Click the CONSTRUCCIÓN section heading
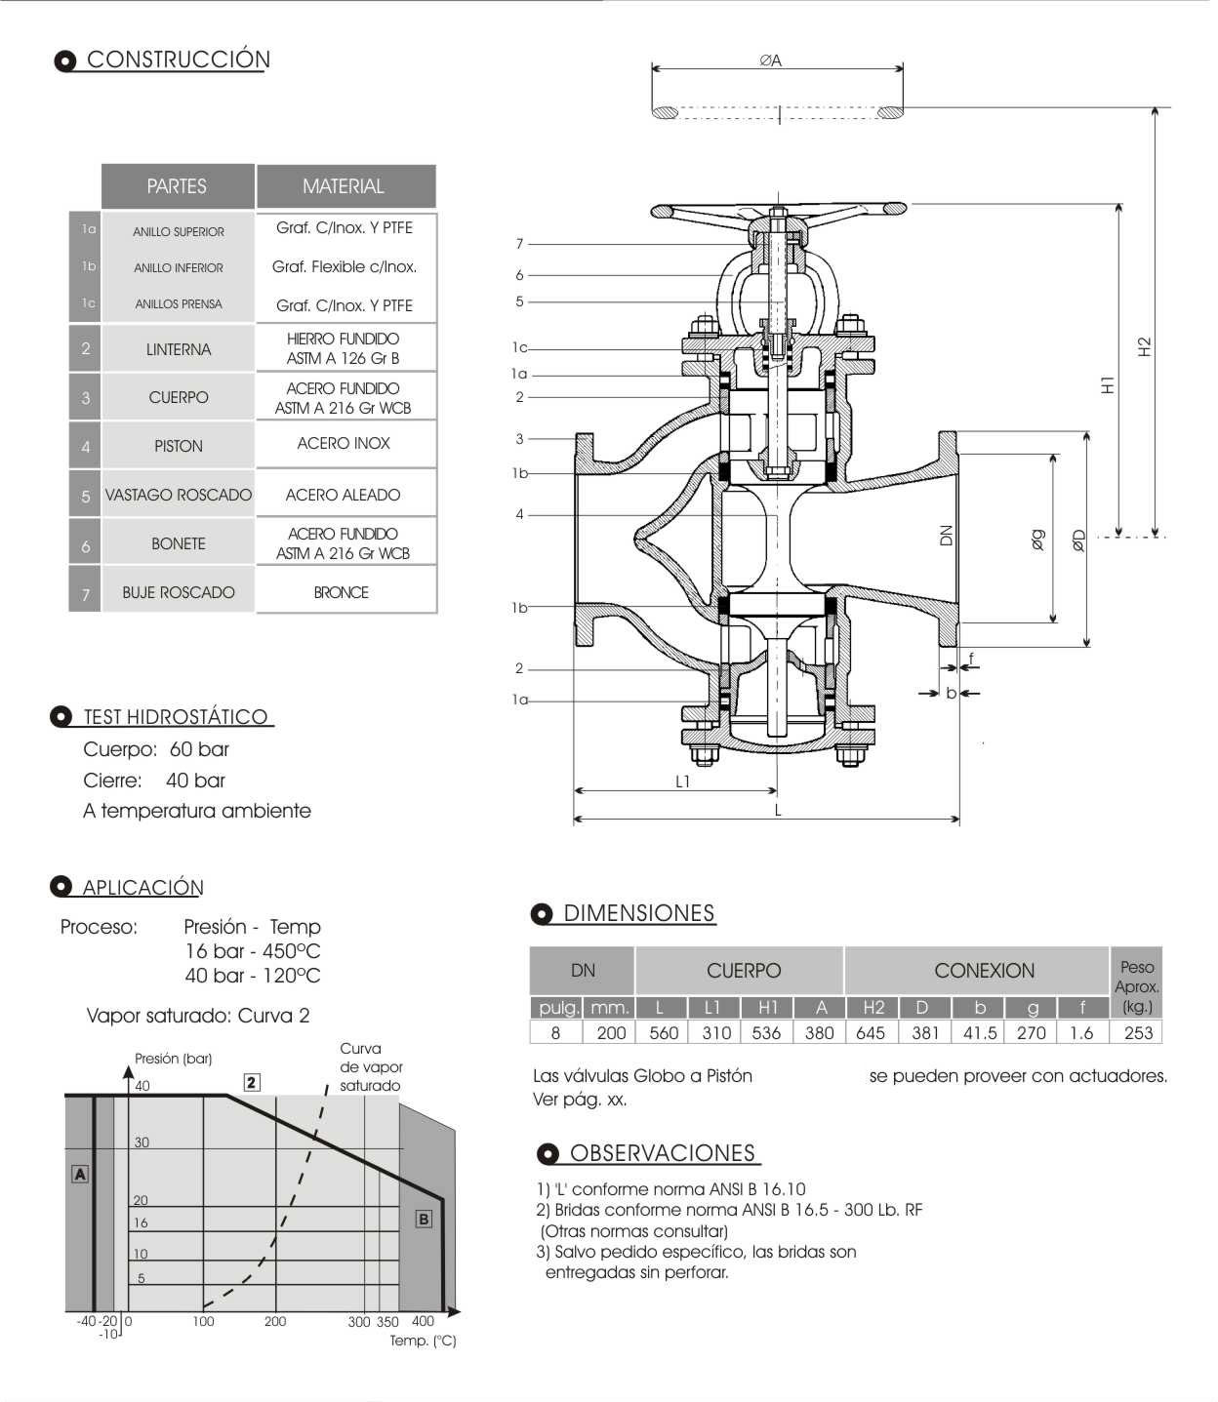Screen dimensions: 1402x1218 coord(178,60)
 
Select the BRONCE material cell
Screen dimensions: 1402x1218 coord(342,592)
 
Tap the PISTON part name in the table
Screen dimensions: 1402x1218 coord(179,446)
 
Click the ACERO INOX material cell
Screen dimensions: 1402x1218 coord(344,443)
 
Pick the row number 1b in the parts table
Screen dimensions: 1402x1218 coord(89,266)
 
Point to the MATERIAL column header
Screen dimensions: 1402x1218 coord(344,185)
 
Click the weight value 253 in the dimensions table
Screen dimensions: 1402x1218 coord(1138,1032)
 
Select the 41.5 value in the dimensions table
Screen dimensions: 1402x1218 coord(979,1032)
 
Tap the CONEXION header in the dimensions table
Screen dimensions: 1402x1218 coord(984,971)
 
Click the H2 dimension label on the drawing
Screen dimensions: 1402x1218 coord(1145,346)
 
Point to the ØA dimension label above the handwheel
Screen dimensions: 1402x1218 coord(771,60)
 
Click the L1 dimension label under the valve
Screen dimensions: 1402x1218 coord(683,781)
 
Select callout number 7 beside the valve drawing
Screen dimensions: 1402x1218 coord(520,244)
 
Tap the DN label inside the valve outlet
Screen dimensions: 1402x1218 coord(946,535)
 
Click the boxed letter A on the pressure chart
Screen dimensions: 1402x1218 coord(80,1175)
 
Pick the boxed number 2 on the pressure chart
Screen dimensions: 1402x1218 coord(252,1082)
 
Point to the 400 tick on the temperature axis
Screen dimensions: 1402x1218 coord(423,1321)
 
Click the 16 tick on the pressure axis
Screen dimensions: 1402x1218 coord(142,1222)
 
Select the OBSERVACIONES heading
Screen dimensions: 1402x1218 coord(663,1153)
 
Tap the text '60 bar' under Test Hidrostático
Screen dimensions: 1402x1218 coord(199,749)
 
